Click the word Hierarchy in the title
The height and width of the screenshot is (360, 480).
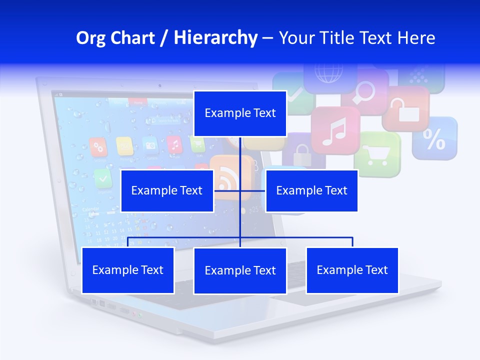(215, 38)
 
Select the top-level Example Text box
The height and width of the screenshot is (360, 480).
(240, 113)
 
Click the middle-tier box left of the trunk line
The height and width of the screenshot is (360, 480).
(167, 190)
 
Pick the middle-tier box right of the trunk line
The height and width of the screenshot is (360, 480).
(311, 190)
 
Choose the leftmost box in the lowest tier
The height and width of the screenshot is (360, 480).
(128, 270)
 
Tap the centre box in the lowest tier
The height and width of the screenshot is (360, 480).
(240, 270)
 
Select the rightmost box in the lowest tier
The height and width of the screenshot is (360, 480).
(352, 270)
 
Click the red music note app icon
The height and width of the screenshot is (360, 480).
(335, 130)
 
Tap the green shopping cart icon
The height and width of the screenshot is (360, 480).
(377, 154)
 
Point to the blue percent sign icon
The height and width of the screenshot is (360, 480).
(434, 138)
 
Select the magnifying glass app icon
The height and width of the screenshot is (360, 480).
(365, 90)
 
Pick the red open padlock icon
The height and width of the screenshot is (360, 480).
(405, 109)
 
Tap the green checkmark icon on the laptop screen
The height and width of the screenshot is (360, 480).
(103, 176)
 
